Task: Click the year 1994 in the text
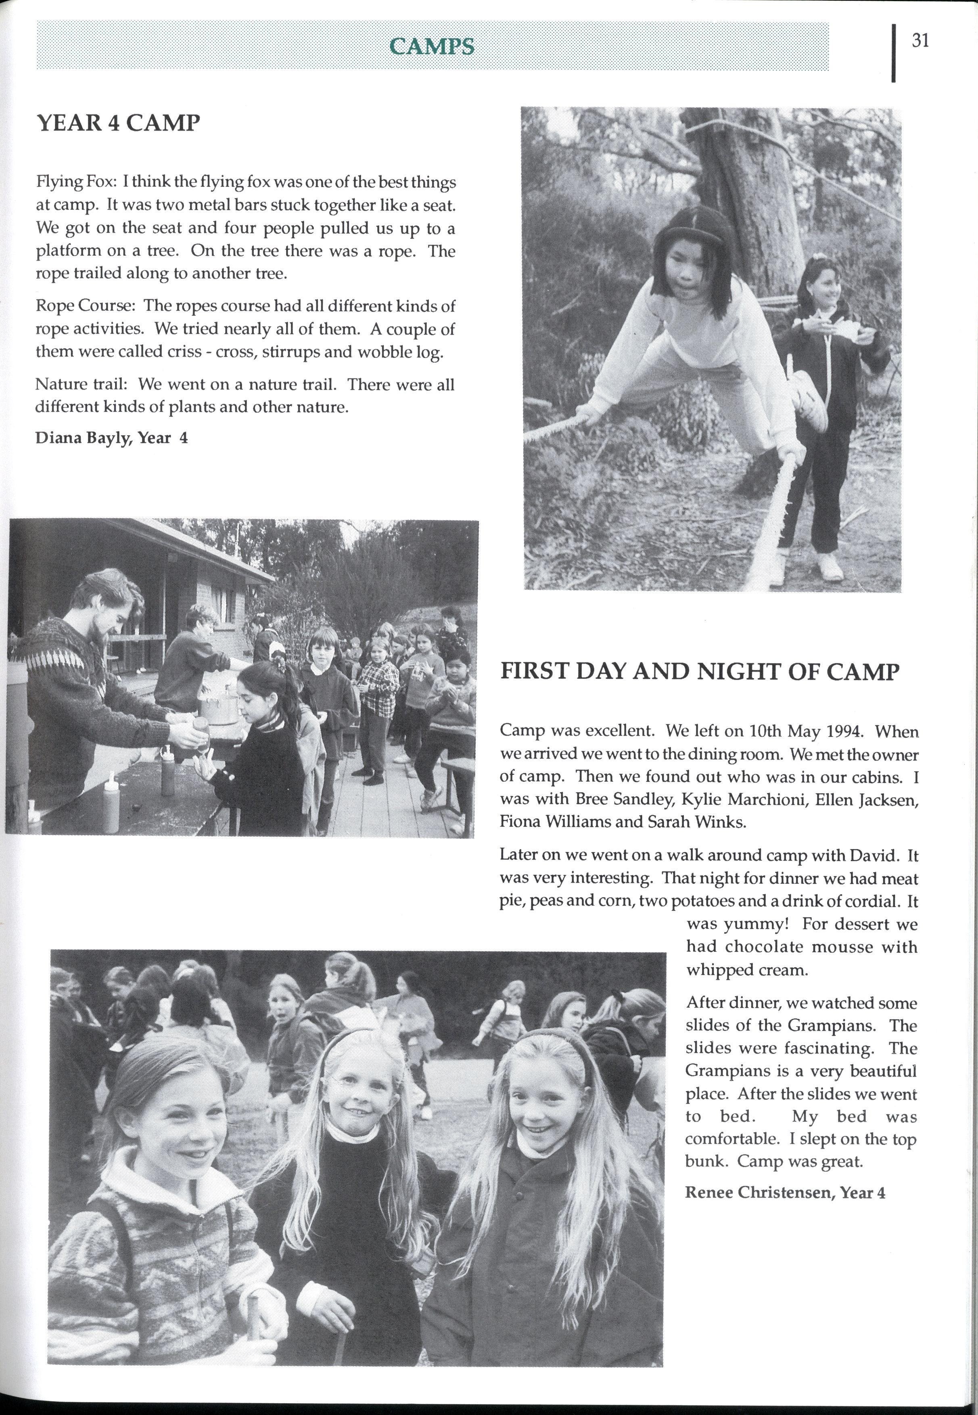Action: click(x=849, y=732)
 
